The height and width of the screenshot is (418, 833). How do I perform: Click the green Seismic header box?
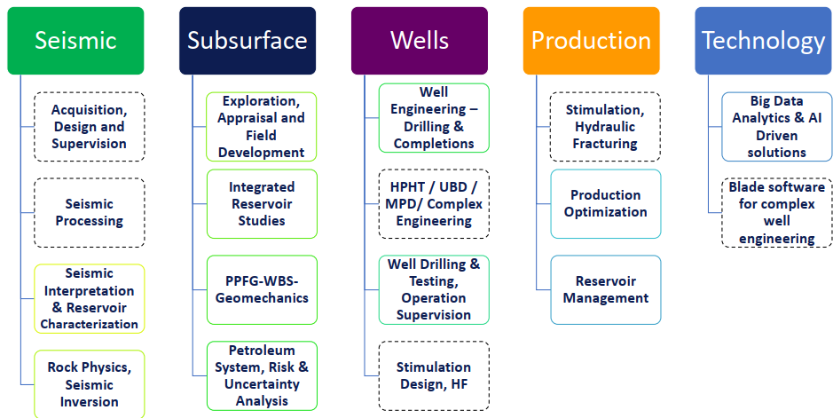[x=75, y=40]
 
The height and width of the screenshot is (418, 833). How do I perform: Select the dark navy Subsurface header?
[x=248, y=40]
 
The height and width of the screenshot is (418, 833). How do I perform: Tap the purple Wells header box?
[x=420, y=40]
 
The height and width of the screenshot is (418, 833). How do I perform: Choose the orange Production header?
[x=592, y=40]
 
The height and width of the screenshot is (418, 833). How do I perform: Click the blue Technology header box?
[x=764, y=40]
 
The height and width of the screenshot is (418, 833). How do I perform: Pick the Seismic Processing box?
[x=90, y=212]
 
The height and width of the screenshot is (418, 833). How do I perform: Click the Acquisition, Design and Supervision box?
[x=90, y=126]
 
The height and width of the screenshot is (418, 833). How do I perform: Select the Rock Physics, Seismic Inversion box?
[x=90, y=384]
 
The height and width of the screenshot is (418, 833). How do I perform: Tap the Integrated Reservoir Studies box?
[x=262, y=204]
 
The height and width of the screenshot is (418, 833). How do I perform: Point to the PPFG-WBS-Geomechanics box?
[x=262, y=290]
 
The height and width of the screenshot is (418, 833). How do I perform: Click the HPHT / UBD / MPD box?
[x=434, y=204]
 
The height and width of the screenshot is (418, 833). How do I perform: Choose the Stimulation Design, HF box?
[x=434, y=375]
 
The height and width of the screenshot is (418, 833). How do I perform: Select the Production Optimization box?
[x=606, y=204]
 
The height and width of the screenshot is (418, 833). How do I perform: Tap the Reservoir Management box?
[x=606, y=290]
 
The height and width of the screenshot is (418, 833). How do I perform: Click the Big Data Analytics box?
[x=777, y=126]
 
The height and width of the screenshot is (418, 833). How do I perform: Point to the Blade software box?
[x=777, y=212]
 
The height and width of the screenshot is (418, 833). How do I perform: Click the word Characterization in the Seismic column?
[x=90, y=324]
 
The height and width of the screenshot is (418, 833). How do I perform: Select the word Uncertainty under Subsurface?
[x=262, y=384]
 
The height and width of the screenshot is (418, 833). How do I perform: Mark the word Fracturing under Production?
[x=605, y=144]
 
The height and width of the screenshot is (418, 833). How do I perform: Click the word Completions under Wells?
[x=434, y=144]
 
